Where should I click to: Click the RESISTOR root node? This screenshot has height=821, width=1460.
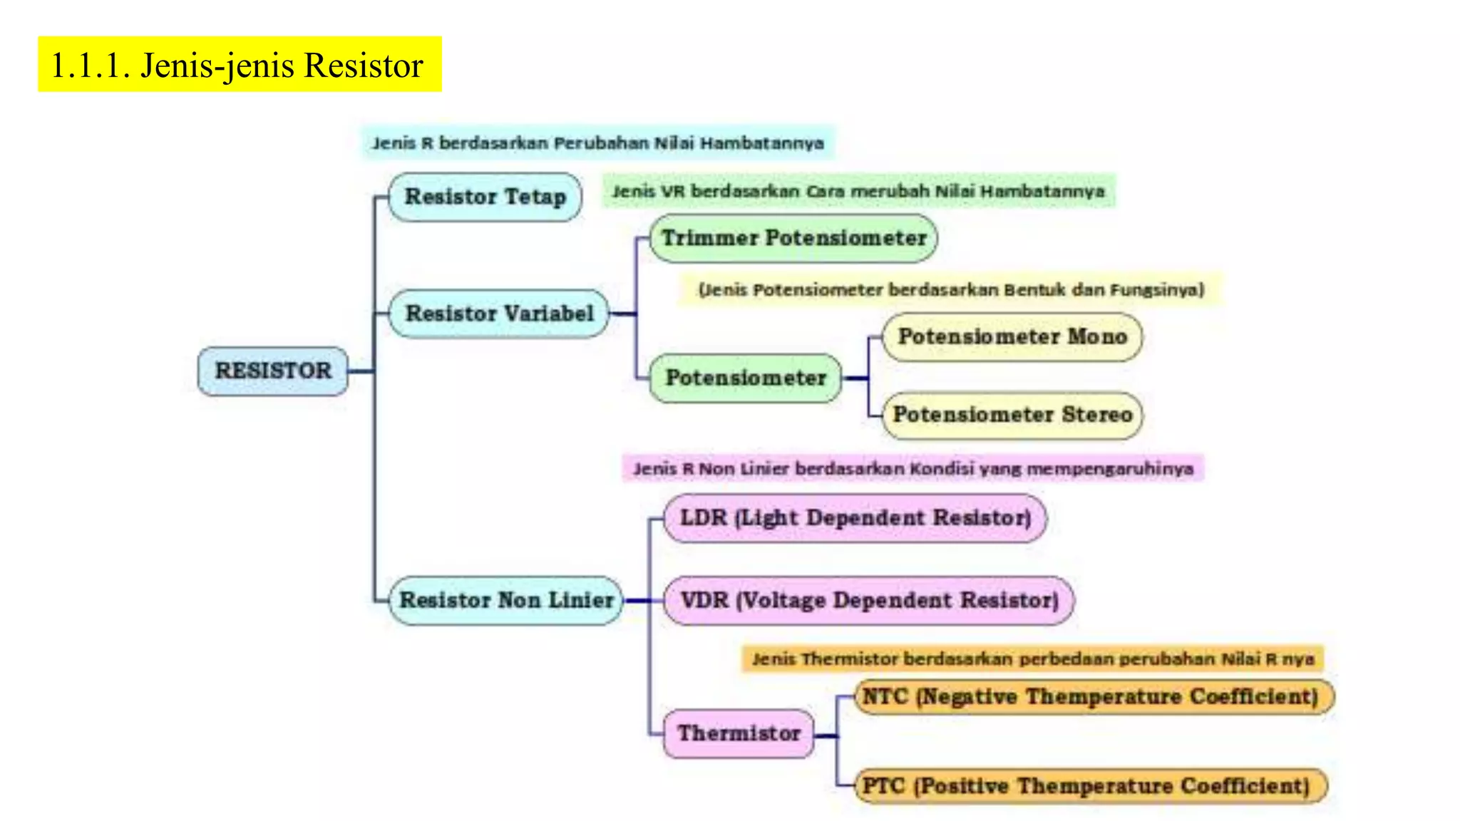click(x=273, y=371)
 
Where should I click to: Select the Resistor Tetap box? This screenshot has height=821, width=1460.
click(x=485, y=197)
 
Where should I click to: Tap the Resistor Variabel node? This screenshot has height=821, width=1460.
click(x=499, y=313)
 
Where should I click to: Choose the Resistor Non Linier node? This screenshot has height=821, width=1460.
click(x=506, y=600)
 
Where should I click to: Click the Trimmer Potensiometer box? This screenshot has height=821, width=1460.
click(x=793, y=238)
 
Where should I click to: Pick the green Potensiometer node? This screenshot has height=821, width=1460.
click(x=746, y=378)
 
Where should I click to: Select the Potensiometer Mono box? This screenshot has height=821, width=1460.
click(x=1012, y=336)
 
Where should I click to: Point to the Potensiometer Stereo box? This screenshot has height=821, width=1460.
click(x=1012, y=415)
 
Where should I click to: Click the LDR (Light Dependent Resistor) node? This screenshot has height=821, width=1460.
click(x=855, y=518)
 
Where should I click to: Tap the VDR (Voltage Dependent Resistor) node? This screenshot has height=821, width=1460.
click(x=869, y=600)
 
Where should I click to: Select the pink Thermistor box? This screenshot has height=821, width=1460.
click(x=739, y=733)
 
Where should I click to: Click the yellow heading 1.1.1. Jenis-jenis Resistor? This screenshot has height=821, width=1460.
click(x=240, y=65)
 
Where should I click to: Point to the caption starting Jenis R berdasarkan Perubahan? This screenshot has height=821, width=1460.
click(x=597, y=143)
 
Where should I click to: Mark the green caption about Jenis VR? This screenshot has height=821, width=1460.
click(x=858, y=191)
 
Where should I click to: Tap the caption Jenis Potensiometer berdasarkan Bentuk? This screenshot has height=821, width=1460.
click(x=951, y=290)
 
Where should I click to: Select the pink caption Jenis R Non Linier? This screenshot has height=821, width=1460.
click(x=913, y=469)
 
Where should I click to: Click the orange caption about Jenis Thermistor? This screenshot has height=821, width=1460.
click(x=1033, y=659)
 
